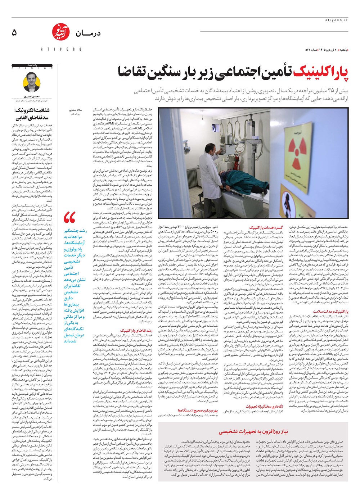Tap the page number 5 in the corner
pyautogui.click(x=14, y=33)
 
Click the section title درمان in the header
pyautogui.click(x=88, y=33)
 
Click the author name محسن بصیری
pyautogui.click(x=33, y=97)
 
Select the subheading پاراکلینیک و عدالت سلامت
pyautogui.click(x=330, y=311)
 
